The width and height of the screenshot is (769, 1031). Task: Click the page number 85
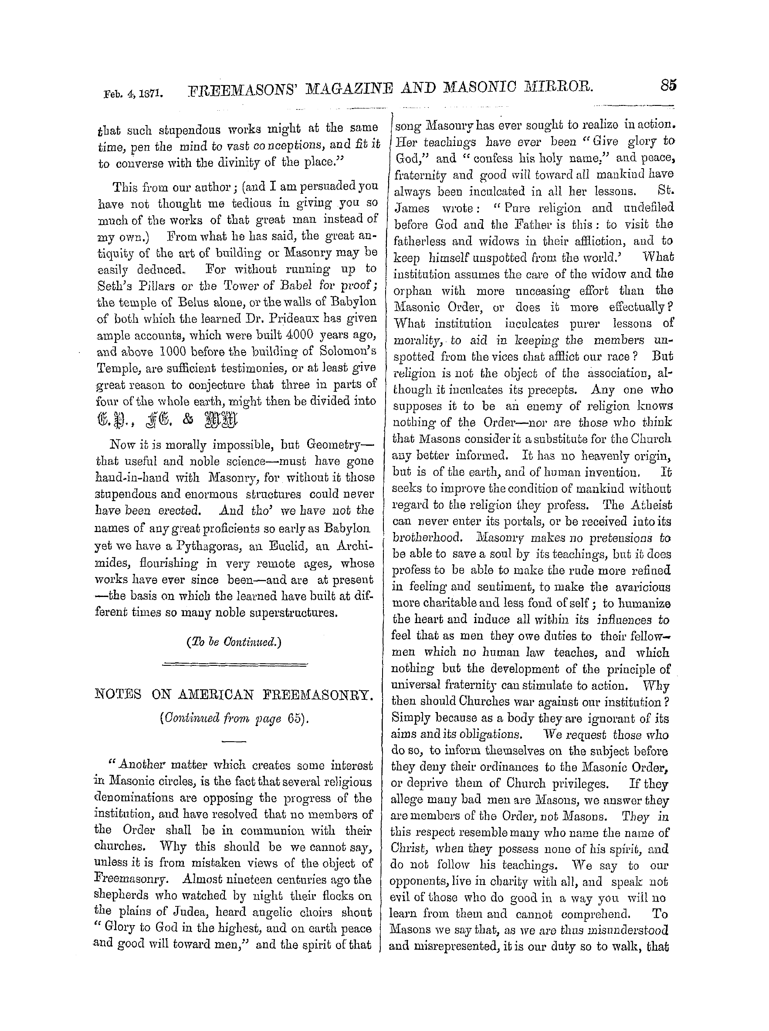click(667, 86)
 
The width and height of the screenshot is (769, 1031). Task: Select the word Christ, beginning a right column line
click(408, 848)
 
